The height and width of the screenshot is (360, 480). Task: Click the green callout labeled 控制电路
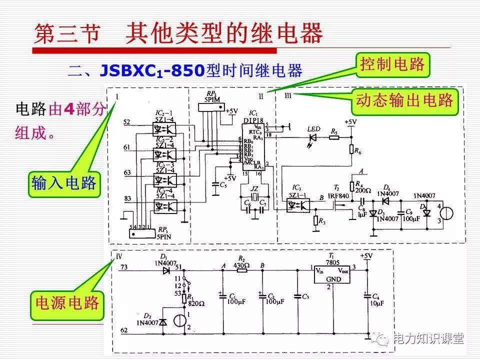click(x=392, y=64)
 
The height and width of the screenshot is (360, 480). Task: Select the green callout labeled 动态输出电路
click(x=404, y=100)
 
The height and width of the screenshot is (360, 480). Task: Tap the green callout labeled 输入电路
click(x=63, y=183)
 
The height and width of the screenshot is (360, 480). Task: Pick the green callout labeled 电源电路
click(x=67, y=303)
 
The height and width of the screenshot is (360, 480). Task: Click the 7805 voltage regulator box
click(x=331, y=273)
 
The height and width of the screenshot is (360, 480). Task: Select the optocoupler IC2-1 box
click(x=164, y=128)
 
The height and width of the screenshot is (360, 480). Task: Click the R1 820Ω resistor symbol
click(x=184, y=299)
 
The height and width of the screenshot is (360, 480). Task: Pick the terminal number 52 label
click(x=126, y=122)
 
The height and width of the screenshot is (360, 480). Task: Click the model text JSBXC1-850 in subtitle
click(x=152, y=70)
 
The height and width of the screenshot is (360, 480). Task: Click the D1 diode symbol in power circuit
click(x=165, y=271)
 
